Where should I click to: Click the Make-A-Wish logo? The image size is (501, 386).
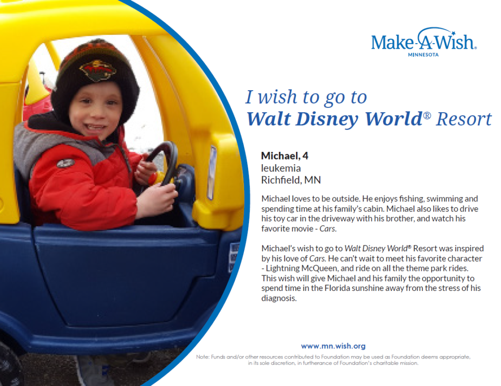(424, 42)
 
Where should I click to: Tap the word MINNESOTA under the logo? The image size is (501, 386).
(423, 55)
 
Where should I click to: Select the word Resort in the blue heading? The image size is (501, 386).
(464, 119)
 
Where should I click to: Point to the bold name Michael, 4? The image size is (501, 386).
(285, 156)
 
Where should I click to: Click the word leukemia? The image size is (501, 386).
(281, 168)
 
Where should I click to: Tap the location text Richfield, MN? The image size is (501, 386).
(291, 180)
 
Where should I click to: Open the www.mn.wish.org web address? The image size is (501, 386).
(333, 346)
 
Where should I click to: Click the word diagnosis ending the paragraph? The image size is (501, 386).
(278, 298)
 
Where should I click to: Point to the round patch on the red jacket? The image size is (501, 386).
(66, 163)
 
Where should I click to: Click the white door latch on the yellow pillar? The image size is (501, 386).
(211, 172)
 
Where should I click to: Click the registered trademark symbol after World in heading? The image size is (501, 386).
(427, 115)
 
